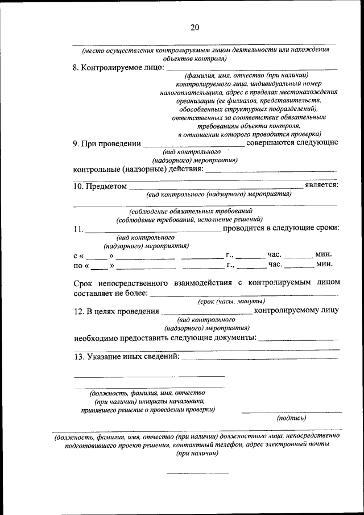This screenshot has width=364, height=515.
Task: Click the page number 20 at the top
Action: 195,27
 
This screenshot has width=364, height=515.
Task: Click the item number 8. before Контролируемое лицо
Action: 76,68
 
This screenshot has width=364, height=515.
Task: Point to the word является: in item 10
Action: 322,185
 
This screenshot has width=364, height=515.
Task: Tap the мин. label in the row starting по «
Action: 324,265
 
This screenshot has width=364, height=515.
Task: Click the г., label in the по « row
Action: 230,265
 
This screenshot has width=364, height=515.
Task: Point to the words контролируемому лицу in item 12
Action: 297,311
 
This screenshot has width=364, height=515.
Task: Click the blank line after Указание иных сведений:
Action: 258,358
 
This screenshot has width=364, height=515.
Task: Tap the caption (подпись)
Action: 291,418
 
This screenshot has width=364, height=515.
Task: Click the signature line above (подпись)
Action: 291,411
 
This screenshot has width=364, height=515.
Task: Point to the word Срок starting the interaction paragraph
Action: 84,283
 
